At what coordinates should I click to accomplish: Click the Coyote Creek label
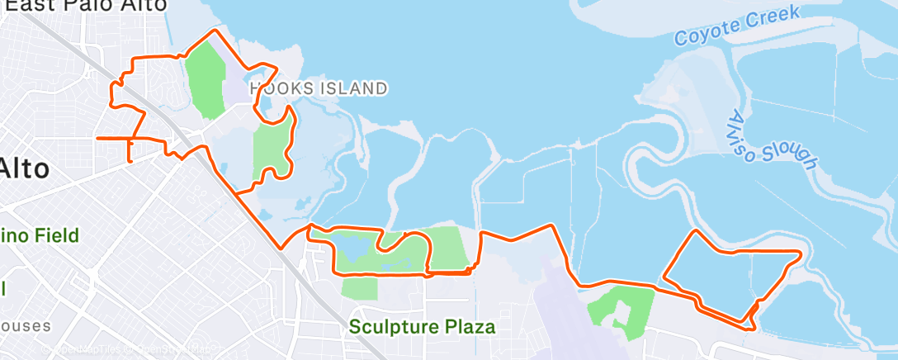click(737, 26)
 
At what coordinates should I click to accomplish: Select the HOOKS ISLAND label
click(318, 88)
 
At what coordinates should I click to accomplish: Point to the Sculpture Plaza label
click(422, 327)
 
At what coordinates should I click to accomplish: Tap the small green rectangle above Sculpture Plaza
click(358, 288)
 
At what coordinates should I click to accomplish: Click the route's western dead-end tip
click(97, 138)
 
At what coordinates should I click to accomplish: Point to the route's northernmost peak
click(215, 31)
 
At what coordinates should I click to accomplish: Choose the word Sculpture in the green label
click(394, 327)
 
